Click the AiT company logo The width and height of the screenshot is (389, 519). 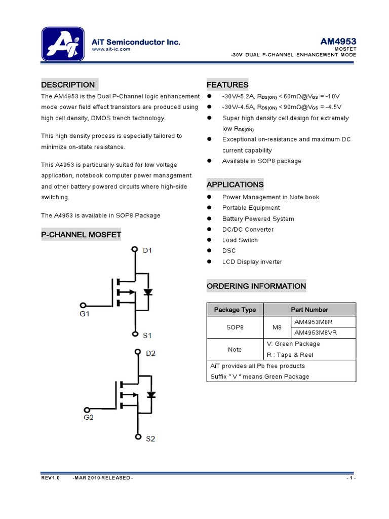63,44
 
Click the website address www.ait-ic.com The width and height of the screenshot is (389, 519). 111,49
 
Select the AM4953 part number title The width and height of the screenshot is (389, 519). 338,41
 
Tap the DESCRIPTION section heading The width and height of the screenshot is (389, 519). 68,85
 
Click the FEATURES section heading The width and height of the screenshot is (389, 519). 227,85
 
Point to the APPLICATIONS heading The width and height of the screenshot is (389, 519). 235,184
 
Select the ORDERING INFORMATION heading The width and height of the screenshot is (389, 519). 256,286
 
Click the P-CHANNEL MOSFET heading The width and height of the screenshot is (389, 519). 81,234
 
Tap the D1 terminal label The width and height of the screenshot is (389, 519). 147,250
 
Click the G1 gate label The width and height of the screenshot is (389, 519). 84,314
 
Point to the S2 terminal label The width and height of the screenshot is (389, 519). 150,439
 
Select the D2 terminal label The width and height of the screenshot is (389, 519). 150,353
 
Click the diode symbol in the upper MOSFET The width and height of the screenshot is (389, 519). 148,292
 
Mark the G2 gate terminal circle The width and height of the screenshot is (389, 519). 87,410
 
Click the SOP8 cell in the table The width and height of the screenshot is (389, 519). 235,327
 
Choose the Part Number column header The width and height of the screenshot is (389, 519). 309,310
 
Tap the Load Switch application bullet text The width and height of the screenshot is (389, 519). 240,240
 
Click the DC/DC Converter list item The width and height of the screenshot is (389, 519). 248,230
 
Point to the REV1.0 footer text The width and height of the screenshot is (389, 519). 50,478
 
